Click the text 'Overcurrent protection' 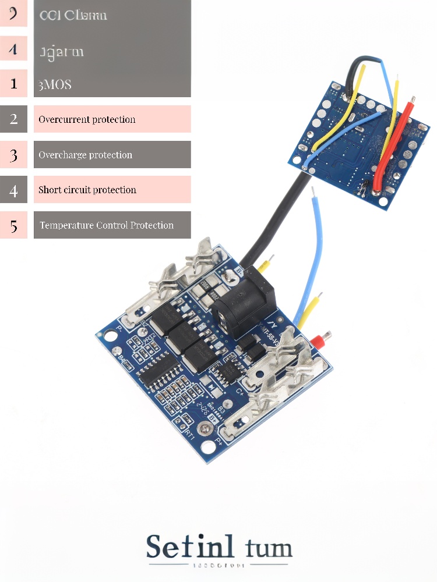tap(87, 119)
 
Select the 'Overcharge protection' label tap(85, 155)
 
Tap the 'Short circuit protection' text tap(87, 190)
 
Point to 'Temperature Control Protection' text tap(107, 225)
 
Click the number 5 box tap(13, 225)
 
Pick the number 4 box tap(13, 190)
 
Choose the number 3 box tap(13, 155)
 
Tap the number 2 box tap(13, 119)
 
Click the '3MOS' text tap(55, 84)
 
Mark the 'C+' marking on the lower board tap(240, 393)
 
